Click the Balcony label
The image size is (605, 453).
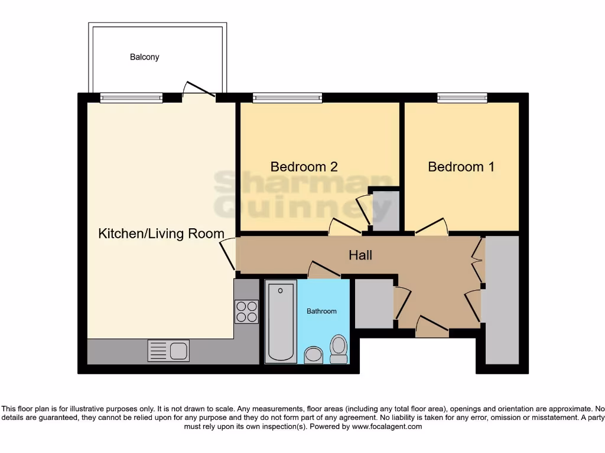[x=145, y=57]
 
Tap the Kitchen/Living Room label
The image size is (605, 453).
[x=161, y=234]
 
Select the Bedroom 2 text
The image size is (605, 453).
[x=304, y=167]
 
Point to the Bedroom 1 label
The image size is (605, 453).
[x=461, y=167]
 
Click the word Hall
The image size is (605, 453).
[x=360, y=255]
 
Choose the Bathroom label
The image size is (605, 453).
[x=321, y=311]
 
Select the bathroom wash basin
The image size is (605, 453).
[x=313, y=354]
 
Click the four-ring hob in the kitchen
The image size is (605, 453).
[x=246, y=311]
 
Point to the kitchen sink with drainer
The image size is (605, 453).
[x=168, y=351]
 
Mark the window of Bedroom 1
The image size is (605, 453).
[x=462, y=98]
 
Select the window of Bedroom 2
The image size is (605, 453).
[x=287, y=98]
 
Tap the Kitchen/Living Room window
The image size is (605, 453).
[x=131, y=98]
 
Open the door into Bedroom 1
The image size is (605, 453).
[x=432, y=227]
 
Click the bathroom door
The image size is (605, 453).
[x=324, y=269]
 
